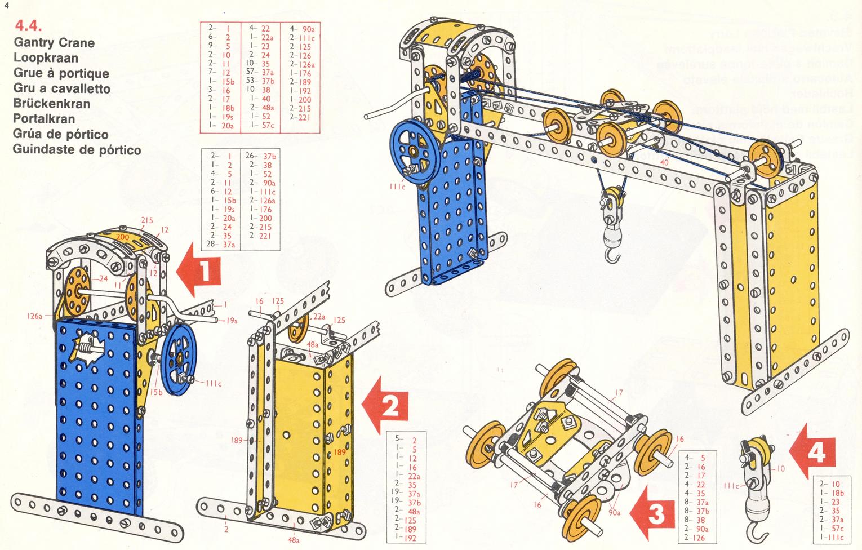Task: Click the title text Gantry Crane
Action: pyautogui.click(x=54, y=42)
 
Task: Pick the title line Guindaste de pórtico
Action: pyautogui.click(x=77, y=149)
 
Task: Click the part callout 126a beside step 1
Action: pyautogui.click(x=34, y=316)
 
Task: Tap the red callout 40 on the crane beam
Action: pyautogui.click(x=664, y=162)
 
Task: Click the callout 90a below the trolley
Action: pyautogui.click(x=615, y=512)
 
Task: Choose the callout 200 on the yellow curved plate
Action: pyautogui.click(x=122, y=237)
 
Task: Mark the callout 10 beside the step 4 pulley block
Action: pyautogui.click(x=780, y=468)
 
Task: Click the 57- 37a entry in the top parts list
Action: pyautogui.click(x=260, y=72)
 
